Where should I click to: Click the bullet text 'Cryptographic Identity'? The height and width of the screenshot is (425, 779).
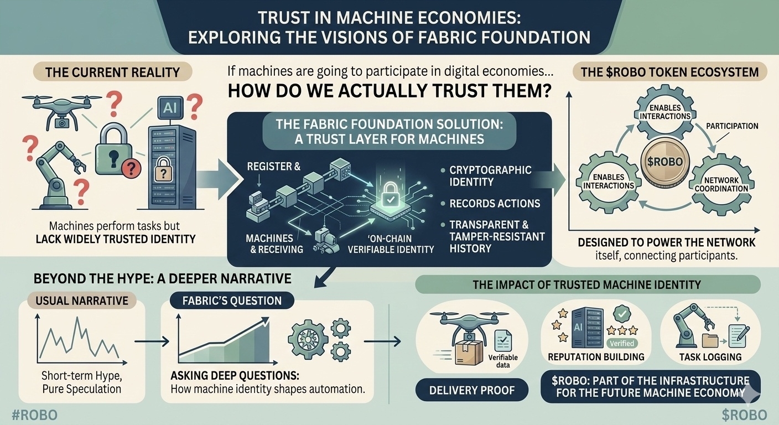pyautogui.click(x=490, y=176)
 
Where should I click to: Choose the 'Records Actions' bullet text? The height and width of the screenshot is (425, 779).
pyautogui.click(x=495, y=203)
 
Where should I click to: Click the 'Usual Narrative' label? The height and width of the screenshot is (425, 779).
pyautogui.click(x=82, y=300)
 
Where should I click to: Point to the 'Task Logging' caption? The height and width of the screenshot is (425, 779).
pyautogui.click(x=710, y=357)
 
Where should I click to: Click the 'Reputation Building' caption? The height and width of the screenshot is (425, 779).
pyautogui.click(x=596, y=357)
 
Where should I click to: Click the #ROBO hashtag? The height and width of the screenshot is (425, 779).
pyautogui.click(x=34, y=415)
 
